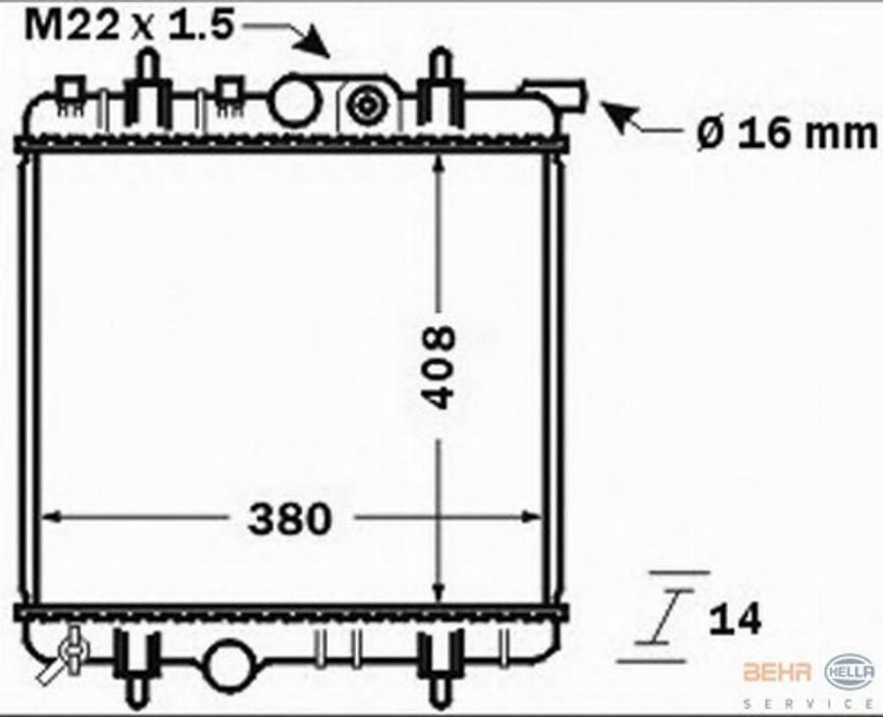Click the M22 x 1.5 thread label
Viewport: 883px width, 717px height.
coord(129,25)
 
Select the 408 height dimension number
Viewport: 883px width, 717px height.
coord(439,366)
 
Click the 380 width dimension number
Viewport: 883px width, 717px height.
coord(289,518)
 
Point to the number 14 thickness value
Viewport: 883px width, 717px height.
coord(735,619)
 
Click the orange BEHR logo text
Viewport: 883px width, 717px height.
coord(777,672)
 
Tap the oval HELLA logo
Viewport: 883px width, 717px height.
coord(850,672)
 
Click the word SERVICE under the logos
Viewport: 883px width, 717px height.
coord(808,703)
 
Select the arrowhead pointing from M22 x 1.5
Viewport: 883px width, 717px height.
coord(314,41)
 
